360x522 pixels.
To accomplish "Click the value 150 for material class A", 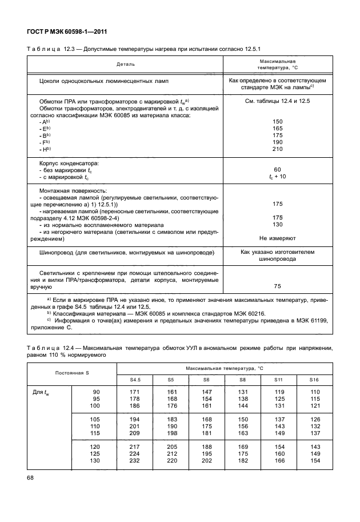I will [x=278, y=122].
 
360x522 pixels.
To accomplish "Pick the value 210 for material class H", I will [x=278, y=149].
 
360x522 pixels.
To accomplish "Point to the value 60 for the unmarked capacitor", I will [x=278, y=170].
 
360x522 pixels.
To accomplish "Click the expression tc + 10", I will [x=278, y=177].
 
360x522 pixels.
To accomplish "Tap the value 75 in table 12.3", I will [x=278, y=286].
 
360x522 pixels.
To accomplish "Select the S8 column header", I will [x=242, y=379].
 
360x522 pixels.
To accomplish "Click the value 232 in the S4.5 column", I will [x=134, y=461].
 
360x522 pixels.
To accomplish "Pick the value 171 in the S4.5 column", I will [x=134, y=392].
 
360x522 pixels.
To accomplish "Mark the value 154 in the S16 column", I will [x=314, y=461].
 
